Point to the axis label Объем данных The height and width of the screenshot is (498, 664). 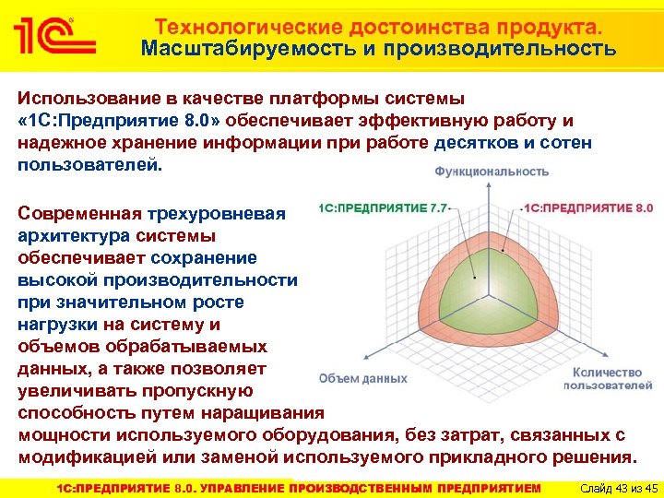(363, 378)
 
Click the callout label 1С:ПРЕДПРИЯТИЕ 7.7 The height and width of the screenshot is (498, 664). (383, 207)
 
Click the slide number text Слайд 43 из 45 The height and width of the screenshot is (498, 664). (612, 486)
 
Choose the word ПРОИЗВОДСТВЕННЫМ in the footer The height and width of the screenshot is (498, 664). (364, 486)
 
